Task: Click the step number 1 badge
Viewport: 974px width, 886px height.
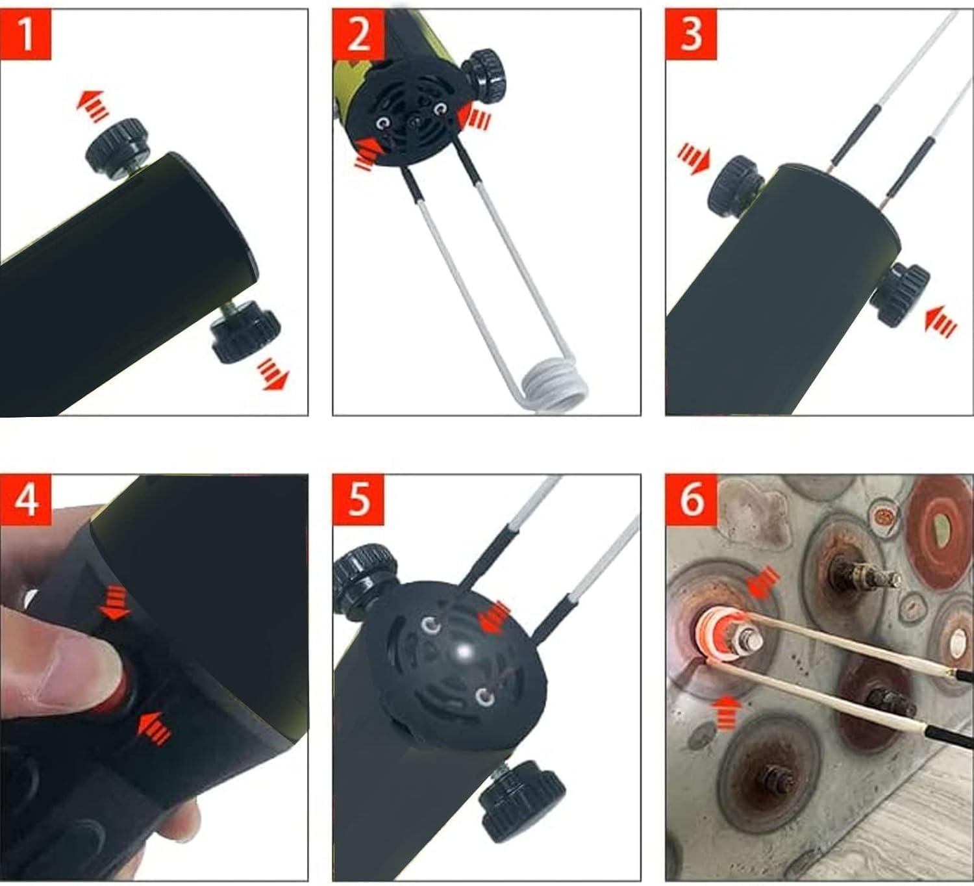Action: (26, 34)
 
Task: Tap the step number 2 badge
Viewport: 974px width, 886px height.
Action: (358, 34)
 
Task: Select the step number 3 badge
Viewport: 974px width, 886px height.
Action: (691, 34)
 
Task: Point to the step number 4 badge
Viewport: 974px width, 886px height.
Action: (26, 500)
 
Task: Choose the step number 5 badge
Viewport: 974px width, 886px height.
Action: (358, 500)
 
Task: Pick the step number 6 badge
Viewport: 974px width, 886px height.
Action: (691, 500)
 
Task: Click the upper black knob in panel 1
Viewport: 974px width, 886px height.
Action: (116, 146)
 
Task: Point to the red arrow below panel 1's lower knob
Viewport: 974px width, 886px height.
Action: (271, 375)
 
